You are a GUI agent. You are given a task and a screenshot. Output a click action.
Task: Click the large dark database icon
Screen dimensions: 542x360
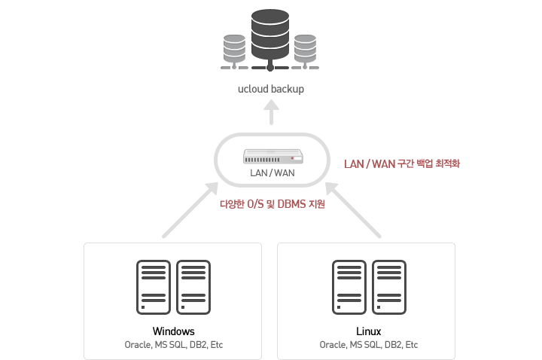pyautogui.click(x=270, y=38)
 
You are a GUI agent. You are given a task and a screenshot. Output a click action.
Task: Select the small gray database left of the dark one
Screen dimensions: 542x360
pyautogui.click(x=234, y=50)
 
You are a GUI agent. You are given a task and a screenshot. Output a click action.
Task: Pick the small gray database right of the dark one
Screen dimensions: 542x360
pyautogui.click(x=305, y=50)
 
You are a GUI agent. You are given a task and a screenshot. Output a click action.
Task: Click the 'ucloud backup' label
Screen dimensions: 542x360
pyautogui.click(x=271, y=89)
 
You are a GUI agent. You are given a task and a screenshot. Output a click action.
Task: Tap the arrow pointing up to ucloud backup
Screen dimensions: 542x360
pyautogui.click(x=271, y=112)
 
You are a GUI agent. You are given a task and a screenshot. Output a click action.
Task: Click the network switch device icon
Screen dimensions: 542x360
pyautogui.click(x=273, y=157)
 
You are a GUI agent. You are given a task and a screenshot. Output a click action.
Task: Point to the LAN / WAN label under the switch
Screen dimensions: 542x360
pyautogui.click(x=273, y=173)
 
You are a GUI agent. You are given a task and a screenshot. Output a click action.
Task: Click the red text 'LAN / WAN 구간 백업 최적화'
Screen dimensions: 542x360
pyautogui.click(x=402, y=163)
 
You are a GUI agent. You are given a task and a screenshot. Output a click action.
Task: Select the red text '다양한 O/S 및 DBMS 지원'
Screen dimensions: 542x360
pyautogui.click(x=273, y=204)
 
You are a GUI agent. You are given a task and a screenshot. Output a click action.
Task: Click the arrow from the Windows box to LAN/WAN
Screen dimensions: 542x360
pyautogui.click(x=190, y=210)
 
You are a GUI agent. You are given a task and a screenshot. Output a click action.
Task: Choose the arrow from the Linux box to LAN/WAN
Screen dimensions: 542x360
pyautogui.click(x=353, y=210)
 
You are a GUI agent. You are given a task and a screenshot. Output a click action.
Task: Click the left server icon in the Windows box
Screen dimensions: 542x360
pyautogui.click(x=154, y=287)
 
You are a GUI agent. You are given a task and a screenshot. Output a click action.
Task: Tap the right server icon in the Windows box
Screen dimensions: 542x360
pyautogui.click(x=193, y=287)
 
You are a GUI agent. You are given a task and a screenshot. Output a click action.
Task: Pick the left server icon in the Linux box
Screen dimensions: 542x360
pyautogui.click(x=349, y=287)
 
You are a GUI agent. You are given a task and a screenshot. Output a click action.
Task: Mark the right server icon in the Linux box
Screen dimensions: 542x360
pyautogui.click(x=389, y=287)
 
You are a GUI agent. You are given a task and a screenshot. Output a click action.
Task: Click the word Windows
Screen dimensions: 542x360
pyautogui.click(x=174, y=331)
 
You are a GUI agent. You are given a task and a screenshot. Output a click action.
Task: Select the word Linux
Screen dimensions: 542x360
pyautogui.click(x=368, y=331)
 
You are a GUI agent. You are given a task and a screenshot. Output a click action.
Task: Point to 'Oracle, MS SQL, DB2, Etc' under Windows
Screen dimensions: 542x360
pyautogui.click(x=174, y=345)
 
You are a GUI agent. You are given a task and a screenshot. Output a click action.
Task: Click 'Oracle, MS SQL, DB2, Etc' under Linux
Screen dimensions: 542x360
pyautogui.click(x=368, y=345)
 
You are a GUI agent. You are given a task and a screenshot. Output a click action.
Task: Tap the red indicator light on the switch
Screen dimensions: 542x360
pyautogui.click(x=292, y=158)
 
